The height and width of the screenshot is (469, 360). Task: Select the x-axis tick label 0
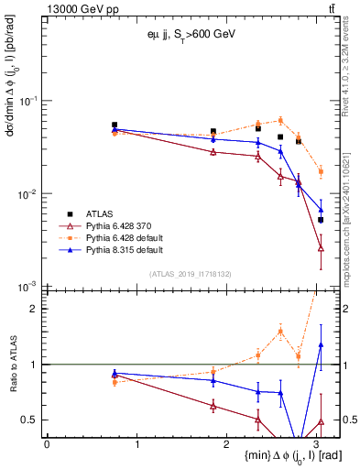click(x=47, y=444)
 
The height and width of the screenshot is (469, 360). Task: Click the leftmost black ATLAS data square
click(x=115, y=125)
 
